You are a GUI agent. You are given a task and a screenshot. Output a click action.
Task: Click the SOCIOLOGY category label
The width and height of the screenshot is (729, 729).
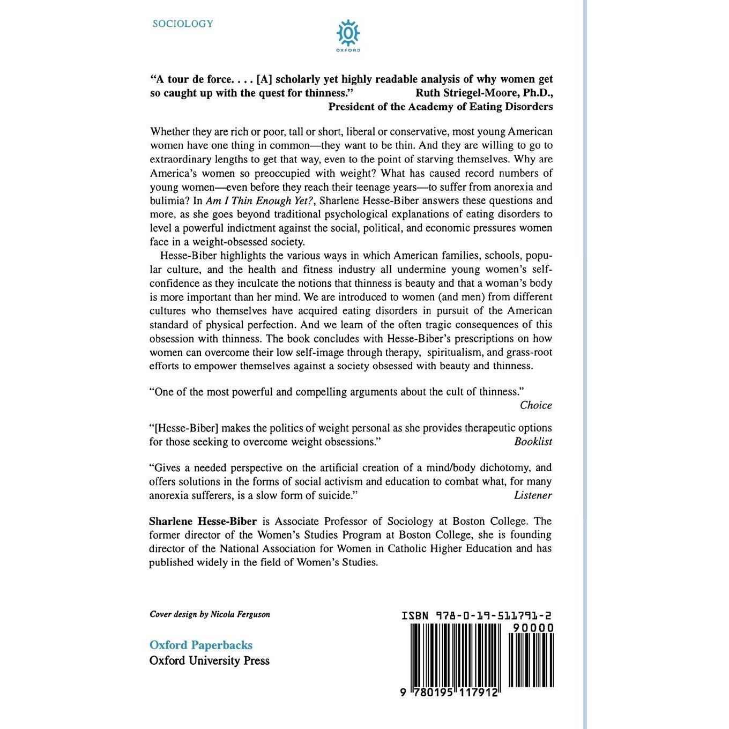pos(182,24)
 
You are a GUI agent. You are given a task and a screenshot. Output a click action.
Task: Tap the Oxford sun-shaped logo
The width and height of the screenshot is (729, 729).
pos(348,34)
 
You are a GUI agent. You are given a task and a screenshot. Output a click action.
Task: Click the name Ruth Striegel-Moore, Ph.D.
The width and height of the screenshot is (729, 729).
pos(484,92)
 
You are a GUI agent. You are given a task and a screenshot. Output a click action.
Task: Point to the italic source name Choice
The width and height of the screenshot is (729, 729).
pos(535,405)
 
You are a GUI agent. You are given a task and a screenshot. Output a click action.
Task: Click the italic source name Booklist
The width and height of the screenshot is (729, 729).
pos(533,442)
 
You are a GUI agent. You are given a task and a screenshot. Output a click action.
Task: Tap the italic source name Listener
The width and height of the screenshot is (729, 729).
pos(533,495)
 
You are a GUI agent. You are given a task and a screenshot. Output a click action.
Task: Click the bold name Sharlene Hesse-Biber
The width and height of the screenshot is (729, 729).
pos(203,521)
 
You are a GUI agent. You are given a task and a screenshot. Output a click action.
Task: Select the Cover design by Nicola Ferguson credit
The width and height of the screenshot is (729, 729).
pos(210,614)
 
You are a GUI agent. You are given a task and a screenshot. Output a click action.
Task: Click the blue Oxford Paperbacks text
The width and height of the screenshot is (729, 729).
pos(201,645)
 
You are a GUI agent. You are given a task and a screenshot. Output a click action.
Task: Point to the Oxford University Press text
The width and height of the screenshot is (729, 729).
pos(209,660)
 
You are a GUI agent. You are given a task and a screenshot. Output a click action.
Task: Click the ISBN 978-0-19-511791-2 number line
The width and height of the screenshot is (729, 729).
pos(477,616)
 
